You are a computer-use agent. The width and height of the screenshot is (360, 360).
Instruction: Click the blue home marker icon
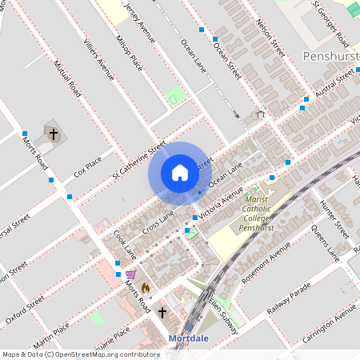(180, 173)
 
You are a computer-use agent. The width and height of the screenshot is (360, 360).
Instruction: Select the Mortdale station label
(190, 338)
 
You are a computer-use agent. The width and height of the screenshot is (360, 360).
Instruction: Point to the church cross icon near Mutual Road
(54, 134)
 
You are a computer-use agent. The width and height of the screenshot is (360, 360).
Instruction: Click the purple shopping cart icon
(130, 274)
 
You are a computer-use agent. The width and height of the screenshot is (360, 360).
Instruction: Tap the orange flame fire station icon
(145, 286)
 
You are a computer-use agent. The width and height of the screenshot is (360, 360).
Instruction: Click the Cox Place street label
(88, 166)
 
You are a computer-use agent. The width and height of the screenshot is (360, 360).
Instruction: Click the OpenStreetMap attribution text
(81, 354)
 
